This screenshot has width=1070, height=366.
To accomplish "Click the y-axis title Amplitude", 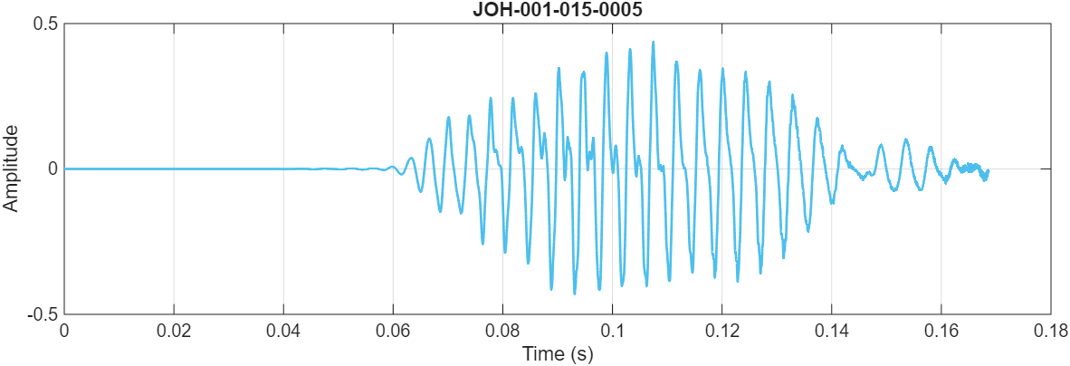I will [11, 169].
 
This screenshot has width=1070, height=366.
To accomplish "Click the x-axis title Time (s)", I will [557, 354].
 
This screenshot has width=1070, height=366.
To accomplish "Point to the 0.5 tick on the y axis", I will [46, 24].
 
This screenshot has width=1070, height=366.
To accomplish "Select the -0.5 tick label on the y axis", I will [43, 313].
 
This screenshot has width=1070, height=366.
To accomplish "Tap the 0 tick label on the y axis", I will [53, 169].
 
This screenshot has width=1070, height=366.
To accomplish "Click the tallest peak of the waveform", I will [653, 42].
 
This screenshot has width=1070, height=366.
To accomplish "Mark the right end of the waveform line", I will [988, 170].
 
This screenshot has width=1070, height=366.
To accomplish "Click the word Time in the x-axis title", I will [540, 354].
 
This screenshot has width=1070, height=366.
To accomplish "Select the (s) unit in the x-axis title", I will [581, 354].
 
